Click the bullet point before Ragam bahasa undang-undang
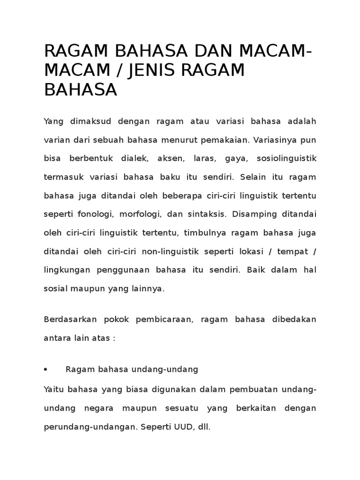point(45,369)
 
